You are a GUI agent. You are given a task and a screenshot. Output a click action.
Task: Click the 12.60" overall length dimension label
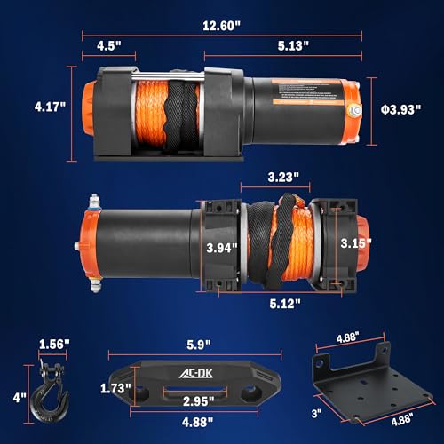(x=219, y=26)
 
